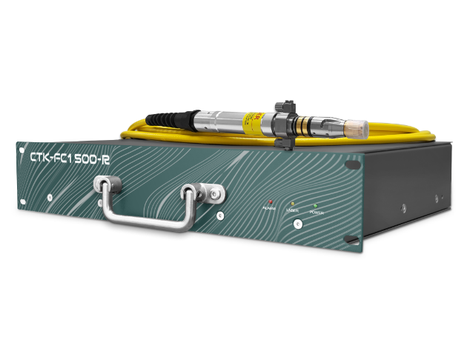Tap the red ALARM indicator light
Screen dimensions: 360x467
point(271,201)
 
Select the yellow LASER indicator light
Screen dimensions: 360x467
point(293,203)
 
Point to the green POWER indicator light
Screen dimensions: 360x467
point(314,205)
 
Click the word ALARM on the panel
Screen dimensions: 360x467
point(270,210)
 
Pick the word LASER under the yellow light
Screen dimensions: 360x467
point(292,211)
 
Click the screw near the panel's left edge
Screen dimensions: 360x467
point(50,196)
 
